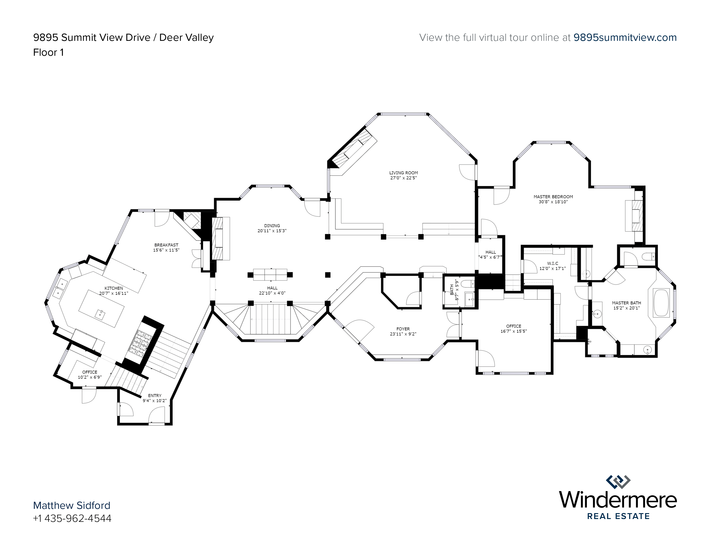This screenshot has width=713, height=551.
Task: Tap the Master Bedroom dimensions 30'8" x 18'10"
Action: (x=553, y=202)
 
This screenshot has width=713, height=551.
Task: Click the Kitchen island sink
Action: (x=100, y=314)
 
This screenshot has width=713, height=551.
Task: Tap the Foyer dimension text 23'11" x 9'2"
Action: (x=403, y=334)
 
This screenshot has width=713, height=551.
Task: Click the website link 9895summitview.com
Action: (x=625, y=38)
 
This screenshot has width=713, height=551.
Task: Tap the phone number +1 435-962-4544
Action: (x=72, y=518)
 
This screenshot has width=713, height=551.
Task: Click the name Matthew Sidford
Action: (x=72, y=505)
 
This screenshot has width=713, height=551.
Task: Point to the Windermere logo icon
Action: (x=618, y=482)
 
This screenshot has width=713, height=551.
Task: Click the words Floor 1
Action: (x=48, y=52)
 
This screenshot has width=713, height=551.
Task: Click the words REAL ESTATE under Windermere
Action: (x=618, y=516)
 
